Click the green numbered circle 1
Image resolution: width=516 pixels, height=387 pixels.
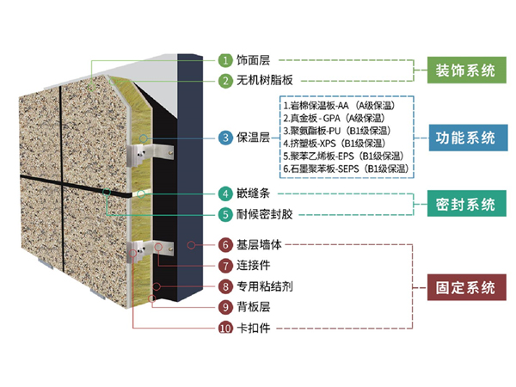(224, 60)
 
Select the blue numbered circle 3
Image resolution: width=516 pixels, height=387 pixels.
(224, 137)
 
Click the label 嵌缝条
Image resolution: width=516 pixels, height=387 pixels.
(256, 193)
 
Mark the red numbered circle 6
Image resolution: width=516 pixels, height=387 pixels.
(224, 245)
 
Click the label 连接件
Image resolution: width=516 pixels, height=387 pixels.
(256, 266)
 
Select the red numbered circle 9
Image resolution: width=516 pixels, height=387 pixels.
(224, 306)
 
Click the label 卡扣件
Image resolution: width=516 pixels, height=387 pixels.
(256, 328)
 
